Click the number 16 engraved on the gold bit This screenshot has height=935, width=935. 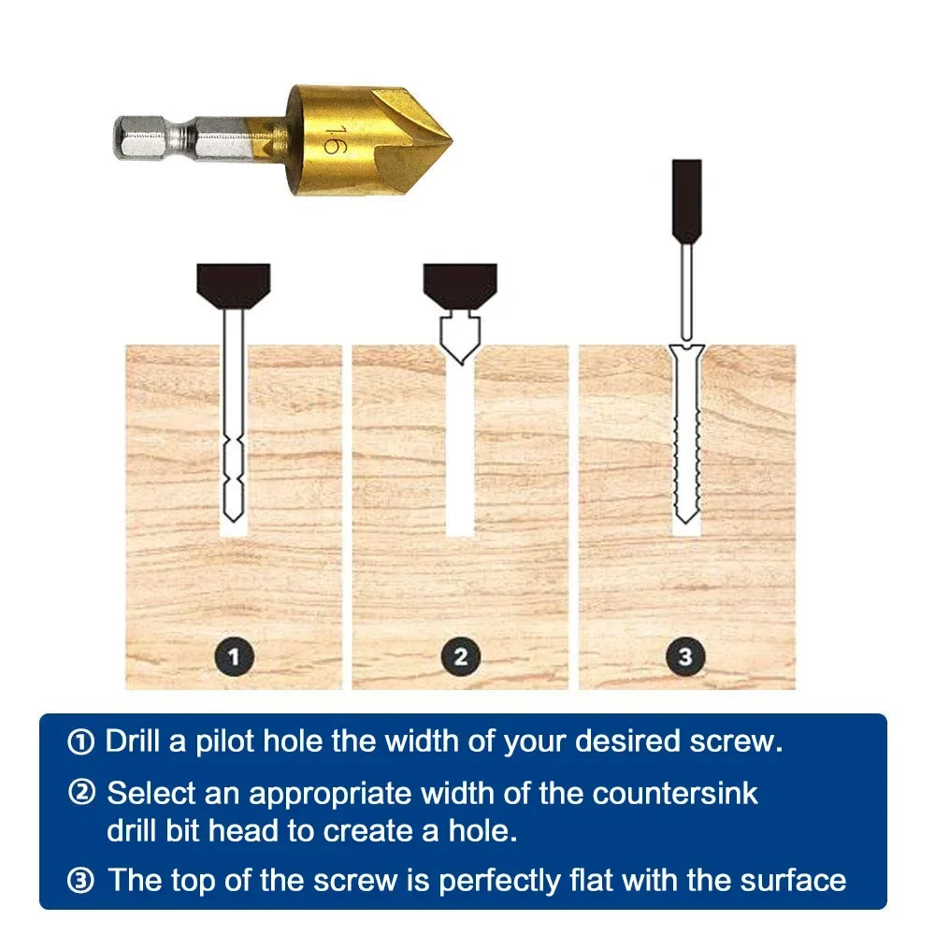[330, 137]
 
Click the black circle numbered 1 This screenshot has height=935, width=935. [234, 656]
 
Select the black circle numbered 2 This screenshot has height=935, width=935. [460, 656]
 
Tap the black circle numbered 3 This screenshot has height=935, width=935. [686, 656]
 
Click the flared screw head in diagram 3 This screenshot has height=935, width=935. [686, 353]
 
